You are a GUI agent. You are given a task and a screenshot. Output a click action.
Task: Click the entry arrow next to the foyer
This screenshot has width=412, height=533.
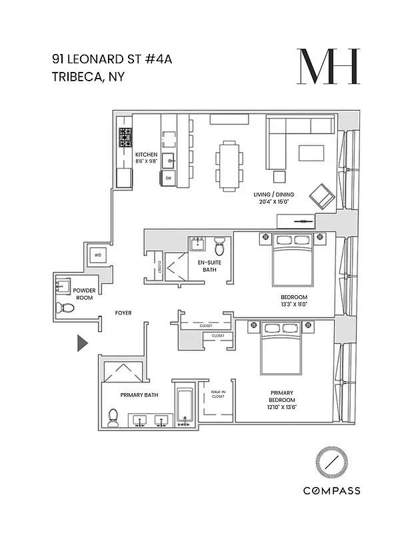[x=82, y=343]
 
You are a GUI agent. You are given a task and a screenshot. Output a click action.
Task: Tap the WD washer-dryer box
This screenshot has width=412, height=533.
[x=97, y=255]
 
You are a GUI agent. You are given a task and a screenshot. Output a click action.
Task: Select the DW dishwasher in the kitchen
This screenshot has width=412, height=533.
[x=169, y=178]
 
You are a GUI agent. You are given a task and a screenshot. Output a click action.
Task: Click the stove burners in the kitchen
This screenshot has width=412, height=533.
[x=125, y=139]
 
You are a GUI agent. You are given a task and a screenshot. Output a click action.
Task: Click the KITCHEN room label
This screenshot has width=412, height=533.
[x=146, y=155]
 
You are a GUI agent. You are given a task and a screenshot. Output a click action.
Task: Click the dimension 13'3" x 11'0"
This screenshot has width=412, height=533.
[x=293, y=304]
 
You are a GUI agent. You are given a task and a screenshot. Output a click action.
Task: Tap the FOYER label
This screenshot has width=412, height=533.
[x=123, y=312]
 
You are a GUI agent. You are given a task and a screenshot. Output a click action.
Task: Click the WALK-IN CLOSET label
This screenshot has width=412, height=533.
[x=218, y=394]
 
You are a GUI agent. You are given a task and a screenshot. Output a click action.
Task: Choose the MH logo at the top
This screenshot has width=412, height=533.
[x=329, y=67]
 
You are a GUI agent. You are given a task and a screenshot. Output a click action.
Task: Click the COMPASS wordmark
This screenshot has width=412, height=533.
[x=331, y=491]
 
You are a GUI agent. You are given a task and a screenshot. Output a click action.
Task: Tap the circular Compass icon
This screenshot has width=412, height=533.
[x=331, y=461]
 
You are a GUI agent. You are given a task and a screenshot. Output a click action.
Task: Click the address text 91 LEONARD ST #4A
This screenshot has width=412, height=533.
[x=112, y=59]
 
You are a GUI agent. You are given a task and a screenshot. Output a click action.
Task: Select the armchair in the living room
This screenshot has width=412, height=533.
[x=322, y=195]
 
